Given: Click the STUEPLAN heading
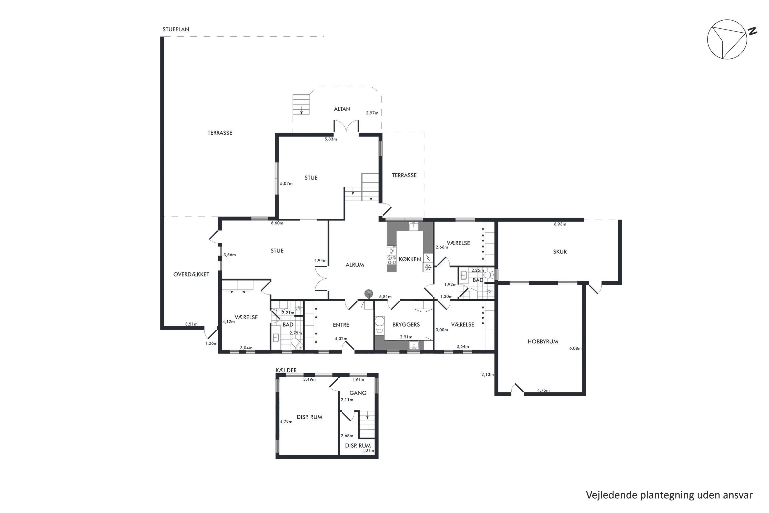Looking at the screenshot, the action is pyautogui.click(x=176, y=29).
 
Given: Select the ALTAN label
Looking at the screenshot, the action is pyautogui.click(x=342, y=109).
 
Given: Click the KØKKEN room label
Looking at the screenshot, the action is pyautogui.click(x=410, y=259).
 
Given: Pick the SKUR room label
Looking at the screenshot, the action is pyautogui.click(x=560, y=252).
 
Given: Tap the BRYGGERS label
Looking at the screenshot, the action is pyautogui.click(x=406, y=324).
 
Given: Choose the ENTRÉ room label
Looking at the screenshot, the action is pyautogui.click(x=341, y=324).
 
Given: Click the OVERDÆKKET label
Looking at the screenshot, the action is pyautogui.click(x=191, y=274).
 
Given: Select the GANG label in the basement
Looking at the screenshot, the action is pyautogui.click(x=358, y=393).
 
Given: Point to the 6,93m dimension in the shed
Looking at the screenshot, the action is pyautogui.click(x=560, y=224).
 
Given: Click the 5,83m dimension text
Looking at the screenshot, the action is pyautogui.click(x=331, y=139).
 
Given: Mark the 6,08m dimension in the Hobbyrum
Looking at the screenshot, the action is pyautogui.click(x=575, y=348).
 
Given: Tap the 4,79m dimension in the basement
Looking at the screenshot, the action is pyautogui.click(x=286, y=422).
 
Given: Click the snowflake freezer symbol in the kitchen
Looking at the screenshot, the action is pyautogui.click(x=428, y=268).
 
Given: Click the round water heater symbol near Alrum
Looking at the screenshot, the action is pyautogui.click(x=369, y=292).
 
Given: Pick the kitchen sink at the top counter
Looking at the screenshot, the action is pyautogui.click(x=414, y=226).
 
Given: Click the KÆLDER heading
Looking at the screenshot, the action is pyautogui.click(x=286, y=370).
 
